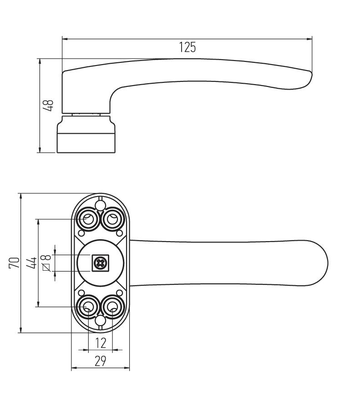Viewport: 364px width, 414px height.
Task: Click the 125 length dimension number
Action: point(187,47)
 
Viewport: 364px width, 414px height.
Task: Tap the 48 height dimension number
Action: point(48,106)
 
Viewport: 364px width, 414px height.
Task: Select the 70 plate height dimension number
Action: point(14,263)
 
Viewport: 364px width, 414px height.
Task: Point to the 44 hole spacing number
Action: point(32,263)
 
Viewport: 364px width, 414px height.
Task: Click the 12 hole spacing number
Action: point(101,343)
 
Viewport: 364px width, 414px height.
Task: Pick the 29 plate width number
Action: point(101,361)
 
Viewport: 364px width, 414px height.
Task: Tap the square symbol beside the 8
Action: point(46,267)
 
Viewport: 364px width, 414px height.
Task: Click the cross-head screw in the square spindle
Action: point(101,263)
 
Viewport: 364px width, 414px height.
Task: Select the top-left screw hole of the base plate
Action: point(88,219)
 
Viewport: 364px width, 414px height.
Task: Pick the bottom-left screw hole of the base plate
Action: point(88,307)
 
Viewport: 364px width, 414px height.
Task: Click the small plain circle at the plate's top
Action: point(101,205)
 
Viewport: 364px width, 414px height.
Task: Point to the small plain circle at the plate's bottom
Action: point(101,321)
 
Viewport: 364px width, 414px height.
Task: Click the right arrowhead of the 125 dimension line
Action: point(309,39)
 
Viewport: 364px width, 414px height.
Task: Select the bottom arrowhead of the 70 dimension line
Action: point(20,330)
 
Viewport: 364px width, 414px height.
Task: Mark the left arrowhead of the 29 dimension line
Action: point(75,368)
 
